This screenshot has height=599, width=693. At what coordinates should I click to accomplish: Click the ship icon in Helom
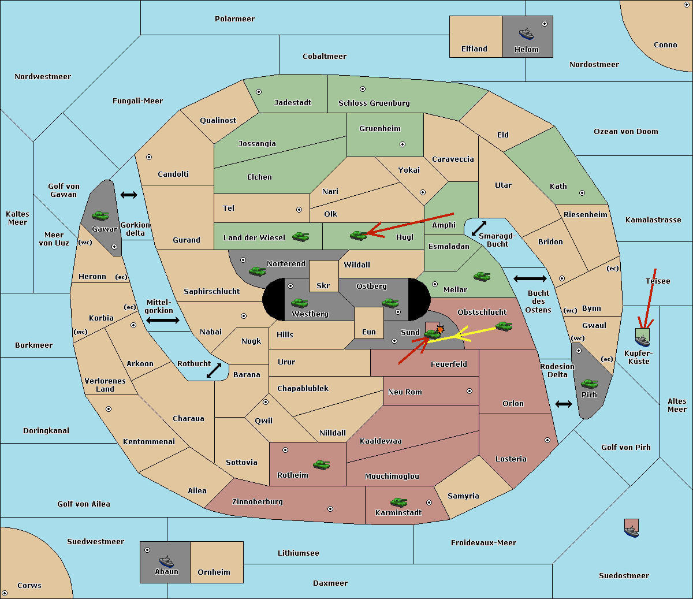pyautogui.click(x=526, y=34)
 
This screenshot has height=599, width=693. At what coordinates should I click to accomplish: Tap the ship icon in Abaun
pyautogui.click(x=166, y=561)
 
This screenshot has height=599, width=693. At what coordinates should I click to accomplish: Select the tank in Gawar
pyautogui.click(x=100, y=215)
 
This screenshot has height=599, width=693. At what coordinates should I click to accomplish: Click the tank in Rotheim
pyautogui.click(x=322, y=464)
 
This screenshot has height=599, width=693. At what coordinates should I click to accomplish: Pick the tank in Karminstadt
pyautogui.click(x=399, y=502)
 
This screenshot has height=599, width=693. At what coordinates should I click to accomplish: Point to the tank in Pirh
pyautogui.click(x=589, y=384)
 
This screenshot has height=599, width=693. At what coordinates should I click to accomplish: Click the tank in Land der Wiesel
pyautogui.click(x=300, y=236)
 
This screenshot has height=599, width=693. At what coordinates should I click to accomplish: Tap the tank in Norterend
pyautogui.click(x=257, y=271)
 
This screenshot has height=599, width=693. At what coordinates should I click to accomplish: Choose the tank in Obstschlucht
pyautogui.click(x=504, y=326)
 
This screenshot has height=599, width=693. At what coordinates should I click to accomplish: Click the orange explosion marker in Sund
pyautogui.click(x=440, y=329)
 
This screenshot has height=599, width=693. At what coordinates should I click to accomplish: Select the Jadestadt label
pyautogui.click(x=293, y=103)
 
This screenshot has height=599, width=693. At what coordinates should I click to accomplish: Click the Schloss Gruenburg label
pyautogui.click(x=374, y=103)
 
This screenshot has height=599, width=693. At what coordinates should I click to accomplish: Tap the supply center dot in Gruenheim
pyautogui.click(x=403, y=144)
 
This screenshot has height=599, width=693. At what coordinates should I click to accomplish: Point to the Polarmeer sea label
pyautogui.click(x=234, y=19)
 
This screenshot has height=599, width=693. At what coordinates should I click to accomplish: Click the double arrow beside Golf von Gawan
pyautogui.click(x=129, y=195)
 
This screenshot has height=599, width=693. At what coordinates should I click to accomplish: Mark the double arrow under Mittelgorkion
pyautogui.click(x=163, y=320)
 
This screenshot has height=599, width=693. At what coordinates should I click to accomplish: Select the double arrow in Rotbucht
pyautogui.click(x=214, y=370)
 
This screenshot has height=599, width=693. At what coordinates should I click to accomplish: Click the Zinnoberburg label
pyautogui.click(x=258, y=502)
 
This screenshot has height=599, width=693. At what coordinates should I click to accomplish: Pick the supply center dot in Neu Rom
pyautogui.click(x=470, y=391)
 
